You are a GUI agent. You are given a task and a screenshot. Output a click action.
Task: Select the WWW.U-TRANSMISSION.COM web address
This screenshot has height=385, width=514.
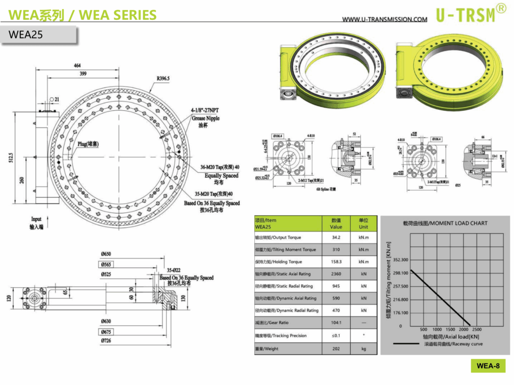coord(384,19)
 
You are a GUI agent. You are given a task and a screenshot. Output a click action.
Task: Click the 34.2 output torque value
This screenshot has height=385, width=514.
coord(336,238)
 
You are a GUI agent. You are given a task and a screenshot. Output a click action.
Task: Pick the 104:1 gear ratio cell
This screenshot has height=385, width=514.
coord(336,323)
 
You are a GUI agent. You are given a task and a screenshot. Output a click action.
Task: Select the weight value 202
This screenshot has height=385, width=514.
coord(336,348)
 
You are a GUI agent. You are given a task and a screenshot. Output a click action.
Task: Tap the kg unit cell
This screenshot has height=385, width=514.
coord(363,348)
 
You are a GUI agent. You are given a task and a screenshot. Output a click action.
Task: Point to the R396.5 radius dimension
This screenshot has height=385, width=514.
coord(163,78)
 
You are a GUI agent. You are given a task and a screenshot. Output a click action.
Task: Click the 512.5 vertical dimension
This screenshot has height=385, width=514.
coord(11,158)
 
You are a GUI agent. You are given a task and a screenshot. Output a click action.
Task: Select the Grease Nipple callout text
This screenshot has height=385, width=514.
coord(205,118)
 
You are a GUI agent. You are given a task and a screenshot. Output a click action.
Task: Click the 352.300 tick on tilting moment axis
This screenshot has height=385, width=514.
coord(400,260)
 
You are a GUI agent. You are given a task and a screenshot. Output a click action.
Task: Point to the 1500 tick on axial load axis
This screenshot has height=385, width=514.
coord(450,330)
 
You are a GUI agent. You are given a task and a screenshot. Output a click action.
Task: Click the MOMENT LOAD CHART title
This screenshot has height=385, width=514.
coord(445,223)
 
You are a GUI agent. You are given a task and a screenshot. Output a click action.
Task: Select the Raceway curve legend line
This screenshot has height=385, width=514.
coord(406,344)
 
